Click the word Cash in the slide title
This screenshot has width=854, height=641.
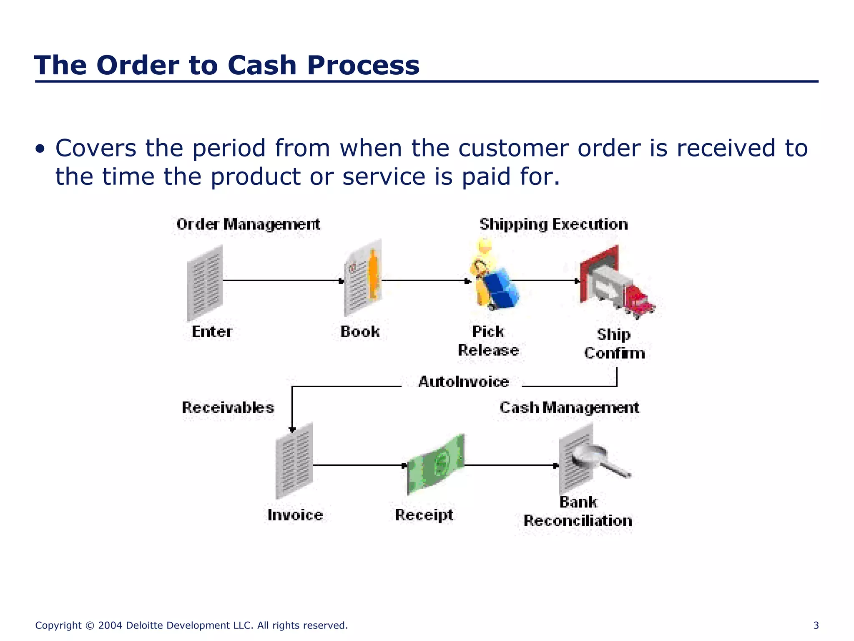coord(262,66)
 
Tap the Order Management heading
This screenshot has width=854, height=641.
coord(248,225)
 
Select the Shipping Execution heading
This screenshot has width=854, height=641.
coord(553,225)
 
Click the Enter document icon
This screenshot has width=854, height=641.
coord(205,283)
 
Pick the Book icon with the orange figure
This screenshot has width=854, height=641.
coord(363,278)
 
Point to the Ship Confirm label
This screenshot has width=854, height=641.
coord(614,344)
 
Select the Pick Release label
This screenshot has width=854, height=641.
coord(488,341)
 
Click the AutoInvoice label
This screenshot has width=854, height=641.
coord(463,382)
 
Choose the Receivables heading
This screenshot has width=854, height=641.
coord(228,408)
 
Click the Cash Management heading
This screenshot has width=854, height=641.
coord(569,408)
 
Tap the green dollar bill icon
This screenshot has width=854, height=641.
coord(435,464)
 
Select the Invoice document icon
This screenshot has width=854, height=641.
coord(294,461)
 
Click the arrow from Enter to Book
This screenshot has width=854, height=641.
coord(283,281)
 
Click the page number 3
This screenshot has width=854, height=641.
coord(816,626)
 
